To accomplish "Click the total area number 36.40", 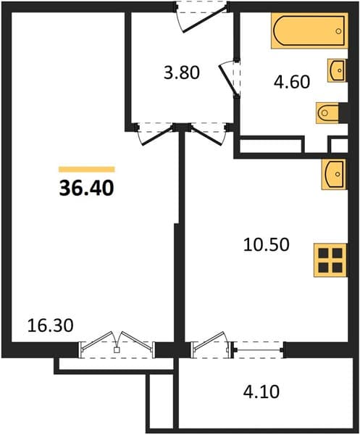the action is [x=86, y=188].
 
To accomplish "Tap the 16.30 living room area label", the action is [x=51, y=326].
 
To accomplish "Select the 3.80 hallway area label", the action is [x=182, y=72].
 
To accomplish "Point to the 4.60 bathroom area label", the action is [x=292, y=82].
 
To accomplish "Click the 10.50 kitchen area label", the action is [x=267, y=244].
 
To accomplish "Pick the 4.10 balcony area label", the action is [x=261, y=391].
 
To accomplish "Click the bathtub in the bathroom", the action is [x=309, y=30].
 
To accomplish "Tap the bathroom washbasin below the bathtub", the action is [x=337, y=70].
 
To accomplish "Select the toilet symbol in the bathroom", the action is [x=327, y=113].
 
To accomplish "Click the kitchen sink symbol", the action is [x=334, y=174].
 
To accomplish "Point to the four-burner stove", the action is [x=330, y=260].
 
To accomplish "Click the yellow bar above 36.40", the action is [x=86, y=169].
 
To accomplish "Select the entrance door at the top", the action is [x=202, y=17].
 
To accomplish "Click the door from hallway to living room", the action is [x=155, y=133].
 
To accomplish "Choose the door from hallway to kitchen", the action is [x=209, y=133].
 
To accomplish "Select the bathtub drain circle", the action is [x=338, y=31].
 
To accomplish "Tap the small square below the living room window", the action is [x=117, y=350].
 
